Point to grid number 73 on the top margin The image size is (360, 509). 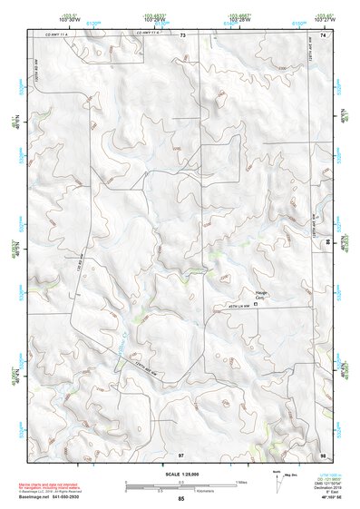182,34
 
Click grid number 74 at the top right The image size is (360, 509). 322,34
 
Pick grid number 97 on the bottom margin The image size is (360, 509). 181,453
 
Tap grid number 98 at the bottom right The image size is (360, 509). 322,453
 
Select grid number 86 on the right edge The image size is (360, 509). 327,243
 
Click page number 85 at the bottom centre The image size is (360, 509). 181,499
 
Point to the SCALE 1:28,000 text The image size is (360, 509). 180,473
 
